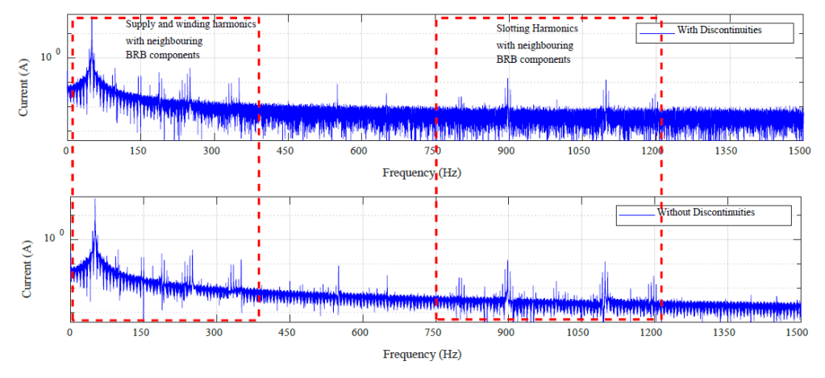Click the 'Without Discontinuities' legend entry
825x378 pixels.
tap(706, 213)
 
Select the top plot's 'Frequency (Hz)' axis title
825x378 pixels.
tap(423, 172)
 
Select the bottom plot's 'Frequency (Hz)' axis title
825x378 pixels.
tap(423, 355)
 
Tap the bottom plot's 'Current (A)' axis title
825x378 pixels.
tap(23, 278)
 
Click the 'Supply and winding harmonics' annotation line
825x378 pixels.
tap(191, 24)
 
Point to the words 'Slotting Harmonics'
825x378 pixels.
tap(537, 29)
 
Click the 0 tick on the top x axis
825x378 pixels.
tap(67, 151)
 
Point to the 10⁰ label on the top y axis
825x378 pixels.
tap(52, 56)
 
